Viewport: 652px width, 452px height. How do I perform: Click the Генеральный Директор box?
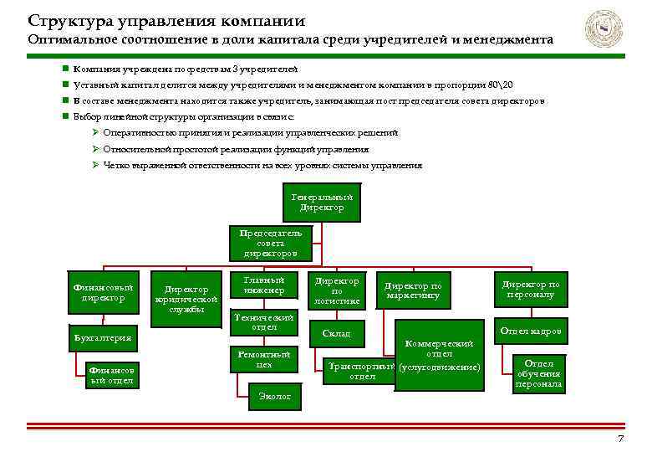tap(322, 203)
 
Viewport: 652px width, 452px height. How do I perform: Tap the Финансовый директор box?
tap(103, 292)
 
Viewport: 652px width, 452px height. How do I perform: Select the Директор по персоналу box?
tap(530, 290)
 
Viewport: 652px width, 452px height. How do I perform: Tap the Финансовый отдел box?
tap(113, 376)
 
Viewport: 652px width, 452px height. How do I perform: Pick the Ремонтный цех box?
tap(263, 360)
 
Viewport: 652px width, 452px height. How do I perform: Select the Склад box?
tap(337, 334)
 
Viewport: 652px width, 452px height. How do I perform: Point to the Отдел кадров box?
tap(530, 332)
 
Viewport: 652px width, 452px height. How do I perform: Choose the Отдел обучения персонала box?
tap(539, 373)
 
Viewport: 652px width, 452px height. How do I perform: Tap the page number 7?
tap(619, 440)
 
